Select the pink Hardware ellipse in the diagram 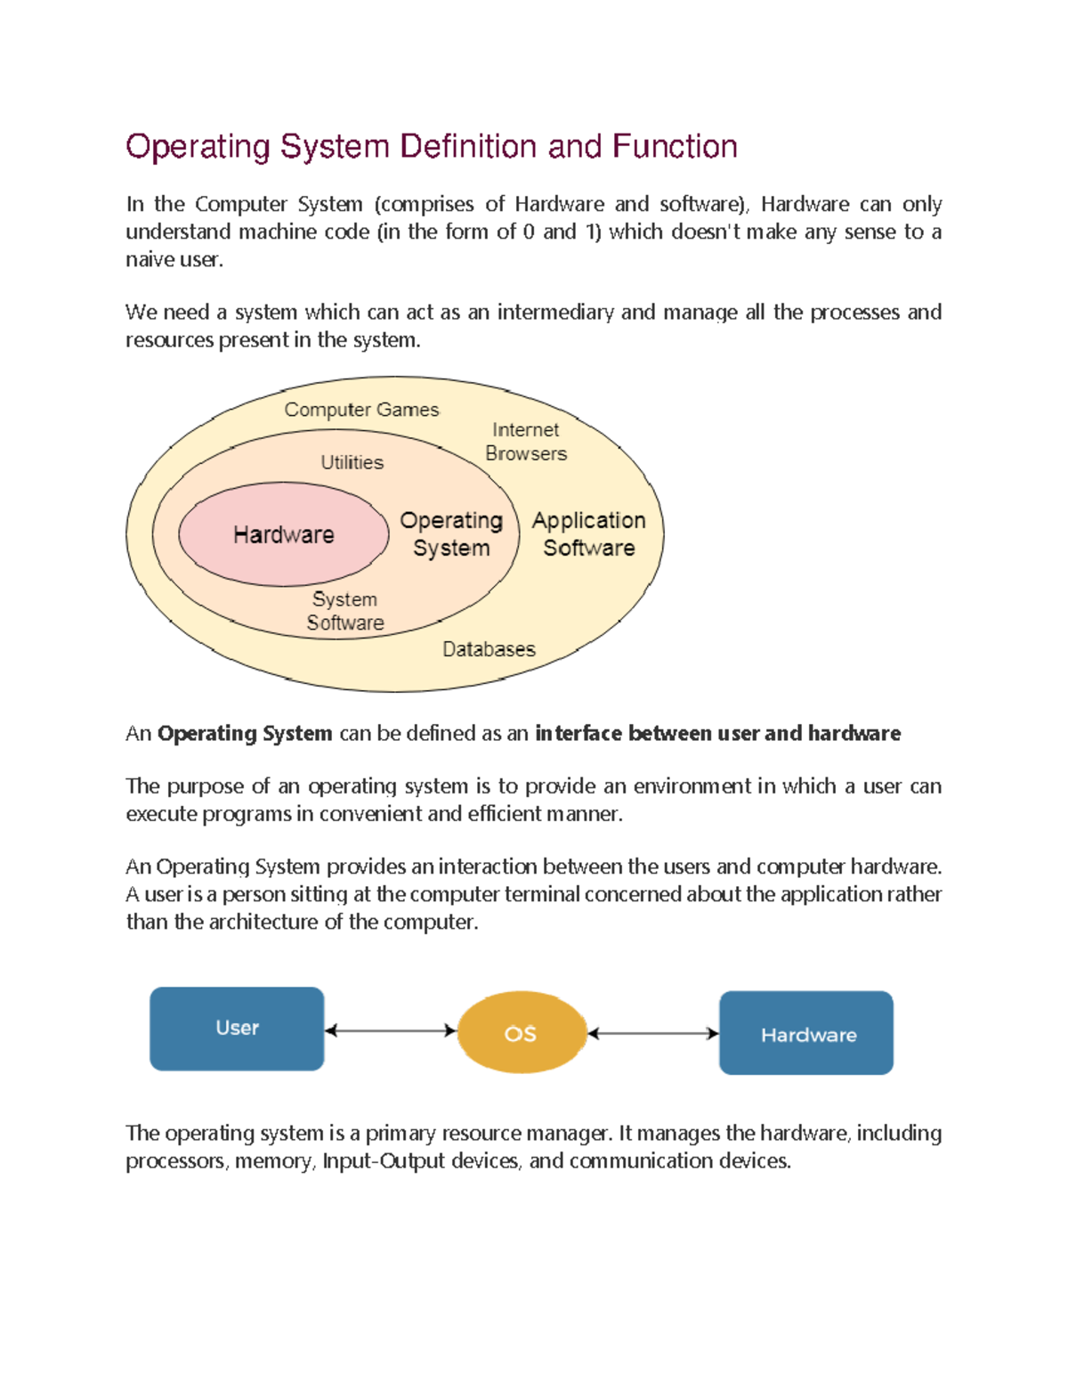[x=283, y=534]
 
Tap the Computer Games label [x=361, y=410]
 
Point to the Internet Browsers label [x=526, y=442]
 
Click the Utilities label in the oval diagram [x=352, y=462]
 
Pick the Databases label [x=489, y=649]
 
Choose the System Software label [x=344, y=611]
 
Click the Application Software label [x=588, y=533]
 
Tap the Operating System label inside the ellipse [x=451, y=533]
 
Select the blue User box [x=237, y=1029]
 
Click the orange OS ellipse [x=521, y=1033]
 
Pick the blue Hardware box [x=806, y=1033]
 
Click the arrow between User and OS [x=390, y=1030]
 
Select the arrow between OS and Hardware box [x=652, y=1033]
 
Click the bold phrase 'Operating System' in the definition [x=245, y=734]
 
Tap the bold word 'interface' [x=578, y=734]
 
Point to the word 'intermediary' [x=555, y=313]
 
